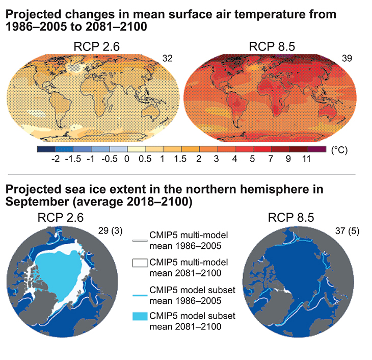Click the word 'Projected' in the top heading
(35, 15)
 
